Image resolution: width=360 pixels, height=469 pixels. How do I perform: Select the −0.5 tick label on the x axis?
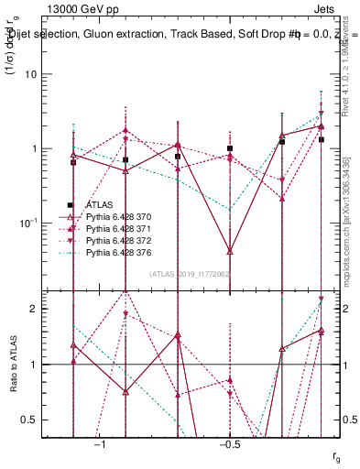click(x=229, y=444)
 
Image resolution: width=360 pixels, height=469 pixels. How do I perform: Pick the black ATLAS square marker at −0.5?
click(x=230, y=148)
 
